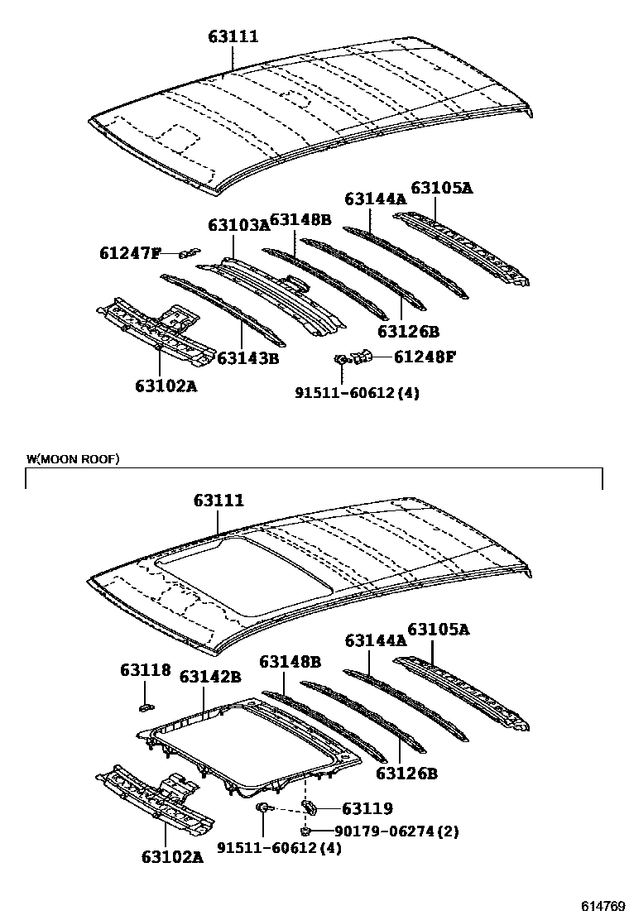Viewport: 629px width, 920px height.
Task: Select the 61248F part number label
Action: pyautogui.click(x=425, y=357)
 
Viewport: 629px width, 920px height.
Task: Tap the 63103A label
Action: pyautogui.click(x=238, y=225)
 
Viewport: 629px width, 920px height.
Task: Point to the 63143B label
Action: pyautogui.click(x=247, y=358)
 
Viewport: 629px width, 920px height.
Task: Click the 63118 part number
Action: pyautogui.click(x=145, y=670)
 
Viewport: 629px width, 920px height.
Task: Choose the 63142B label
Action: pyautogui.click(x=210, y=676)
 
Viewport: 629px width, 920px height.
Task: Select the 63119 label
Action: pyautogui.click(x=367, y=808)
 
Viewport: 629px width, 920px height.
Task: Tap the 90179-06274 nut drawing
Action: pyautogui.click(x=305, y=831)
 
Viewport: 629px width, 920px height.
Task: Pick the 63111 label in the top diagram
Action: pyautogui.click(x=233, y=36)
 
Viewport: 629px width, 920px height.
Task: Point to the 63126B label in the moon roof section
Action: pyautogui.click(x=406, y=774)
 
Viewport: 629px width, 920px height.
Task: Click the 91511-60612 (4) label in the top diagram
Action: pyautogui.click(x=357, y=393)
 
